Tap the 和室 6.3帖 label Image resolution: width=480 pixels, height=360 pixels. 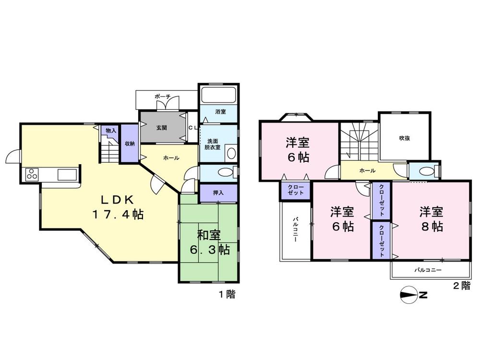pos(209,242)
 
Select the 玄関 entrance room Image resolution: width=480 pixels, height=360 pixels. pos(162,128)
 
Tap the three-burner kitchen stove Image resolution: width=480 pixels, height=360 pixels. pos(32,174)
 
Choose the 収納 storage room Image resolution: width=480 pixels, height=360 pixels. pos(130,144)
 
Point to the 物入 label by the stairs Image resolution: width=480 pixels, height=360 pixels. pos(111,131)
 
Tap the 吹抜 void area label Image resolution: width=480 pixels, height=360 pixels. pos(405,138)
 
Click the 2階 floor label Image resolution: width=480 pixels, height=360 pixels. pos(461,286)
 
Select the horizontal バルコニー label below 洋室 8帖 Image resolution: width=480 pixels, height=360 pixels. pos(428,271)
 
